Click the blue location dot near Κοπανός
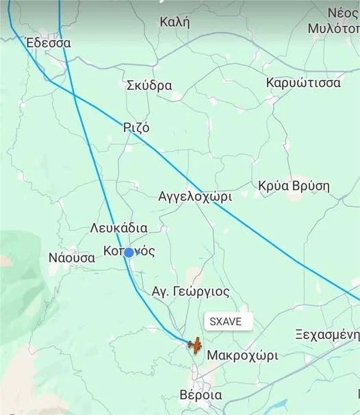pyautogui.click(x=129, y=252)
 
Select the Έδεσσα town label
pyautogui.click(x=48, y=42)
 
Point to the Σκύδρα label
pyautogui.click(x=149, y=86)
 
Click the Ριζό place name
pyautogui.click(x=136, y=127)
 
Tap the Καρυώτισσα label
pyautogui.click(x=303, y=83)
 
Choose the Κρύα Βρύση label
pyautogui.click(x=294, y=186)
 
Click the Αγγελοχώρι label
pyautogui.click(x=195, y=196)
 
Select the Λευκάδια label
pyautogui.click(x=119, y=227)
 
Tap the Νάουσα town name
pyautogui.click(x=72, y=258)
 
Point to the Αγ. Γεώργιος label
pyautogui.click(x=190, y=291)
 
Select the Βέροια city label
pyautogui.click(x=201, y=395)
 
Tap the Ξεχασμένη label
pyautogui.click(x=327, y=335)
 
